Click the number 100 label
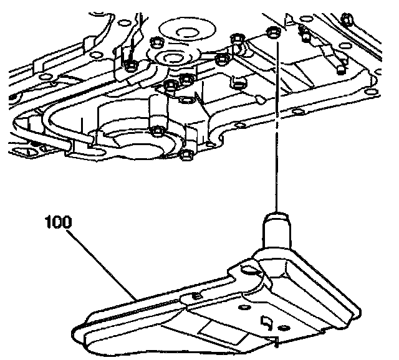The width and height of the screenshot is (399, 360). pyautogui.click(x=58, y=221)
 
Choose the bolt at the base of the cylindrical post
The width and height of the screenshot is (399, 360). pyautogui.click(x=157, y=131)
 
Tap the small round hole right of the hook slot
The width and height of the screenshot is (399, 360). pyautogui.click(x=286, y=326)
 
